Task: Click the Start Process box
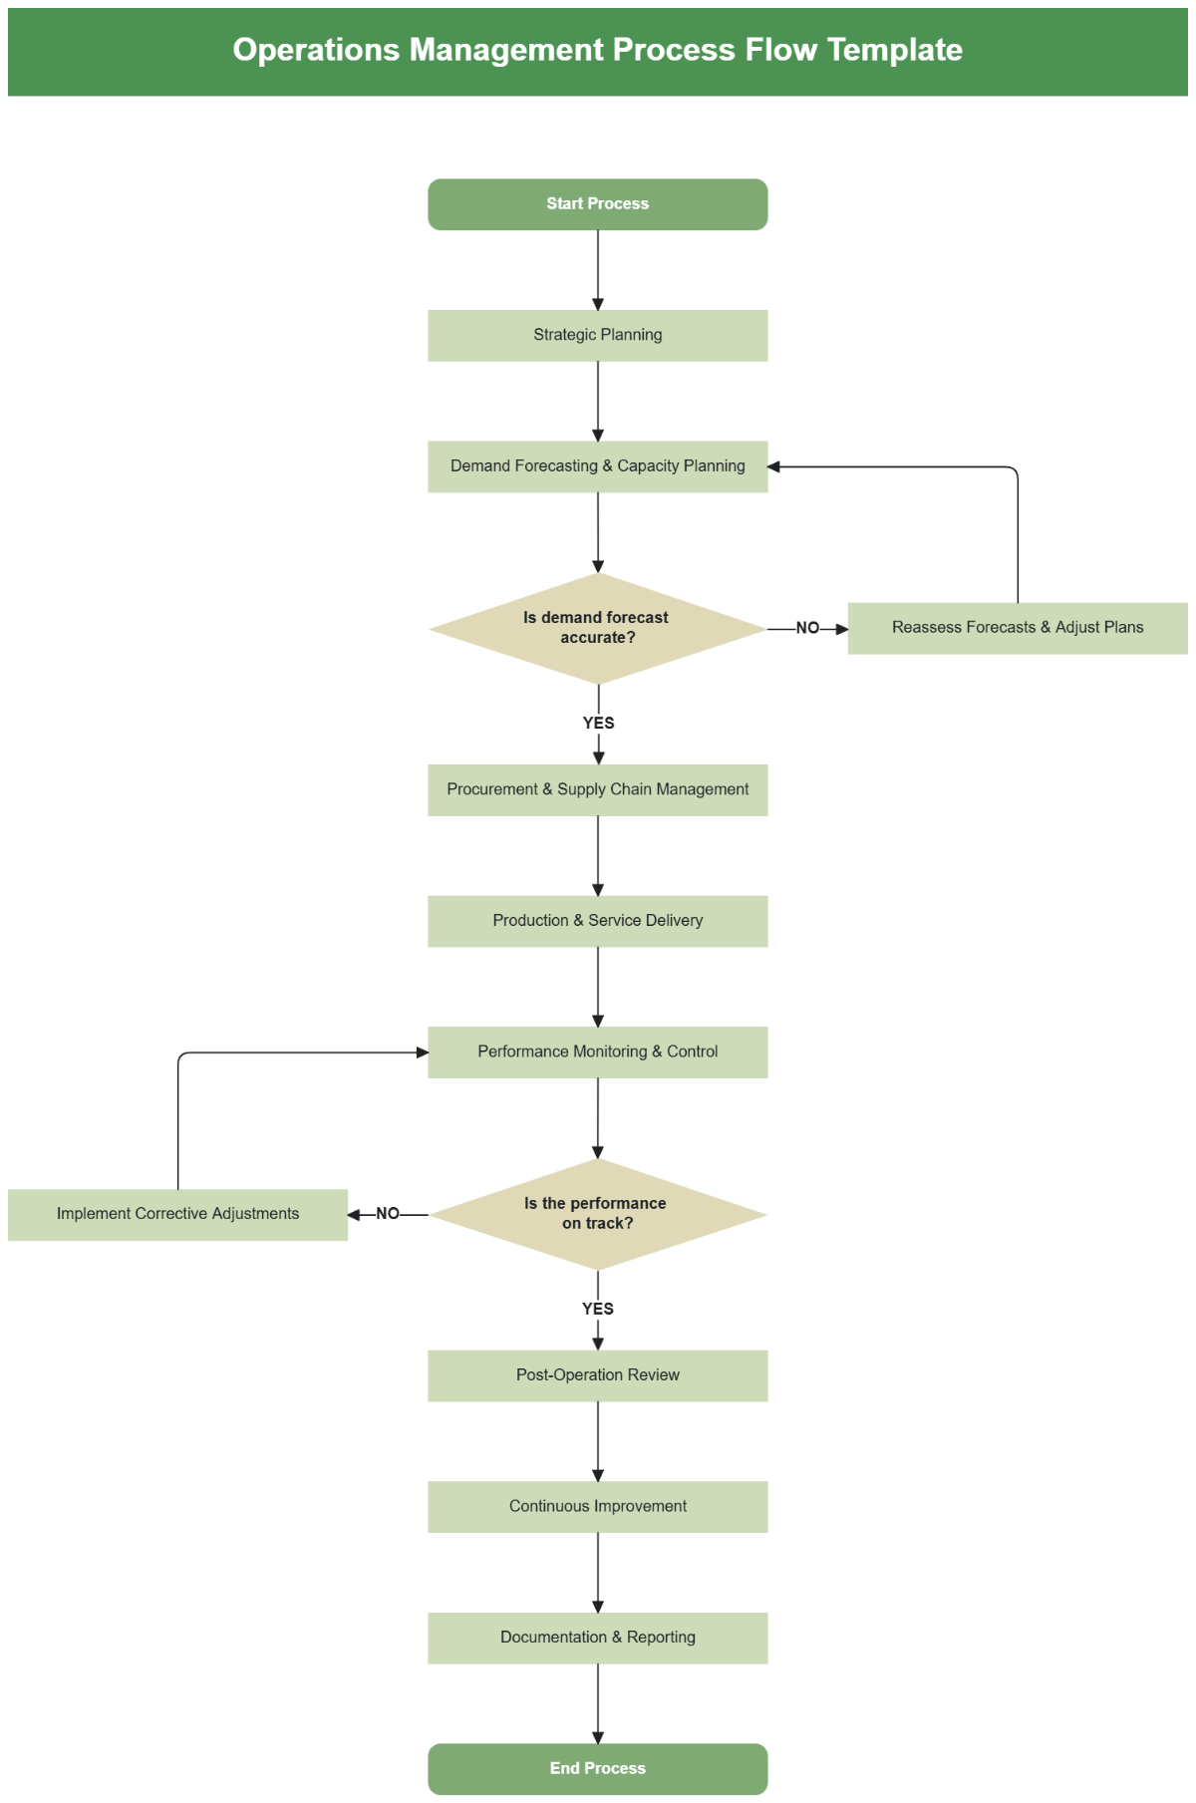(x=597, y=204)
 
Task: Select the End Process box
(x=597, y=1768)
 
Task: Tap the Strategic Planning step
(x=597, y=335)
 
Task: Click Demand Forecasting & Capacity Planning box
(x=597, y=466)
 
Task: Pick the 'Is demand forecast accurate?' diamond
(x=597, y=628)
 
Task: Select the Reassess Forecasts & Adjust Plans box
(x=1017, y=628)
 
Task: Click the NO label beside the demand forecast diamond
(x=807, y=628)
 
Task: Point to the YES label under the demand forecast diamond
(x=598, y=723)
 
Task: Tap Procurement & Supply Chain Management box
(x=597, y=789)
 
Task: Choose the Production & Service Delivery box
(x=597, y=921)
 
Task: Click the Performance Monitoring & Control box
(x=597, y=1052)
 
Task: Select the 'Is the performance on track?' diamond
(x=597, y=1214)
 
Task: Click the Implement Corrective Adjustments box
(x=177, y=1214)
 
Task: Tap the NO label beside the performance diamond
(x=388, y=1214)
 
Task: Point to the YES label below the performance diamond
(x=598, y=1309)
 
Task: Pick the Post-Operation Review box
(x=597, y=1375)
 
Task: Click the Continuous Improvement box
(x=597, y=1506)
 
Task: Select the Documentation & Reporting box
(x=597, y=1638)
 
